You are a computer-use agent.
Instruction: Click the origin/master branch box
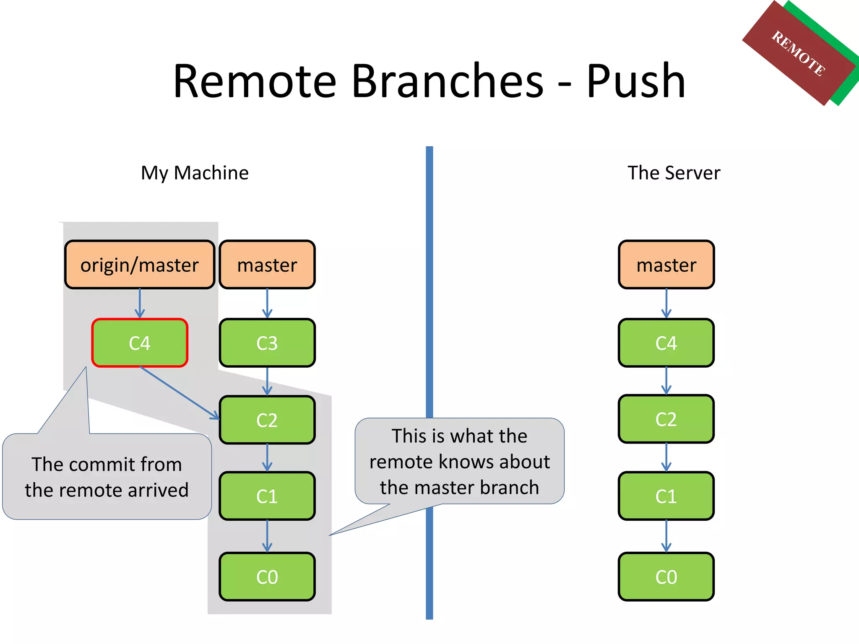(x=139, y=265)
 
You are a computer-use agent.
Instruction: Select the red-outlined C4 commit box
(x=139, y=343)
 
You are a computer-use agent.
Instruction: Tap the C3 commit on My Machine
(x=267, y=343)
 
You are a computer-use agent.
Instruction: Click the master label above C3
(x=267, y=265)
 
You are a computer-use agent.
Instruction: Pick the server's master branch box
(x=666, y=265)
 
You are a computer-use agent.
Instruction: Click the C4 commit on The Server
(x=666, y=343)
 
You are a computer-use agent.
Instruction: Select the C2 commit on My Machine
(x=267, y=420)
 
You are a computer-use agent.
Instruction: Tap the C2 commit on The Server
(x=666, y=419)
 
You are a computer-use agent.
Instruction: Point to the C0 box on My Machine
(x=267, y=576)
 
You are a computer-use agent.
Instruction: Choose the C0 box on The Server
(x=666, y=576)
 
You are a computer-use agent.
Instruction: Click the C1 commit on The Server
(x=666, y=496)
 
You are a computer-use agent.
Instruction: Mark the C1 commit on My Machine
(x=267, y=496)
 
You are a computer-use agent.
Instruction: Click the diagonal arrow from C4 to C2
(x=180, y=393)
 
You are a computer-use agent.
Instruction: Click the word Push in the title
(x=635, y=80)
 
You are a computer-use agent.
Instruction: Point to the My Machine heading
(x=195, y=173)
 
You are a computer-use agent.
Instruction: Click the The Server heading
(x=674, y=173)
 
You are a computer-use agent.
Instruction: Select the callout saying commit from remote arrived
(x=107, y=477)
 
